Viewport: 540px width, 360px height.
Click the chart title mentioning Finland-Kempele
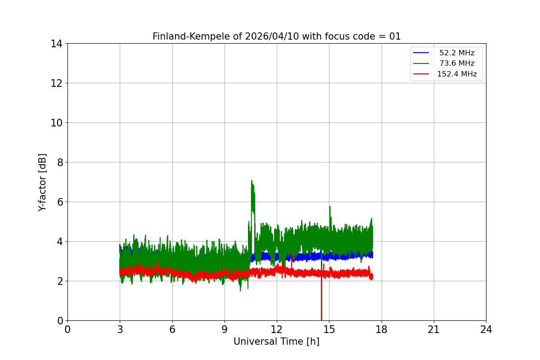click(x=276, y=36)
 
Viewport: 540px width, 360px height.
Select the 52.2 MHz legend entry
click(x=457, y=53)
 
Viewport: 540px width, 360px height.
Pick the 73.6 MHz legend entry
click(x=457, y=63)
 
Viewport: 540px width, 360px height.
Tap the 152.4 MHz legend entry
click(x=457, y=74)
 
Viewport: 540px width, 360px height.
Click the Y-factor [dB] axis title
click(x=42, y=182)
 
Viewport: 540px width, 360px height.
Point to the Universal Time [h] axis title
click(x=276, y=342)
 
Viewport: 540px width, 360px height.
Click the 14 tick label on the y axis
click(x=56, y=44)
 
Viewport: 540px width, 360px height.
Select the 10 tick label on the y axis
click(x=56, y=123)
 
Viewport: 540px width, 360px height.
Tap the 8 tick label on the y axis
click(x=59, y=162)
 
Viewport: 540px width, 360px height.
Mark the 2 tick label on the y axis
click(x=59, y=281)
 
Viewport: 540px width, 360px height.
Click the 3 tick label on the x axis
click(x=120, y=329)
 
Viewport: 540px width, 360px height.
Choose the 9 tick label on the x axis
click(x=225, y=329)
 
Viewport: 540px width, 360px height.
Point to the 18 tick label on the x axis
click(x=382, y=329)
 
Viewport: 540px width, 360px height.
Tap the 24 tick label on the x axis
click(x=486, y=329)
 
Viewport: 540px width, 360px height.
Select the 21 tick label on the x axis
click(x=434, y=329)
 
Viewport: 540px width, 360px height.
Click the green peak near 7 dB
click(x=252, y=181)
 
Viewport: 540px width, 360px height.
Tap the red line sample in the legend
click(x=421, y=74)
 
